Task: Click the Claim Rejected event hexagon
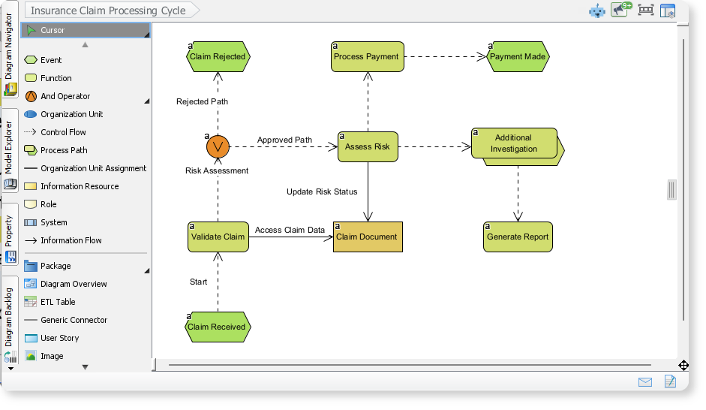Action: tap(218, 56)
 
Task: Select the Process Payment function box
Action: tap(367, 56)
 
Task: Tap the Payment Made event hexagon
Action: tap(518, 56)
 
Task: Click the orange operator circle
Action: tap(218, 146)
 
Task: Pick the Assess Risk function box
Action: tap(367, 146)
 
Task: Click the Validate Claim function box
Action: tap(218, 237)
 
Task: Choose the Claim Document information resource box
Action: tap(368, 237)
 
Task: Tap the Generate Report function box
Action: tap(518, 237)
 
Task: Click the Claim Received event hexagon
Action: tap(217, 327)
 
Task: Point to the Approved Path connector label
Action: tap(284, 140)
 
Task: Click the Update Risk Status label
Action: tap(322, 191)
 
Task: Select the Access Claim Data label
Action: tap(290, 230)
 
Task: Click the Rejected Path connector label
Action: tap(202, 101)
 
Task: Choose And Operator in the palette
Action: tap(65, 96)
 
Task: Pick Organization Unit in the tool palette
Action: tap(71, 114)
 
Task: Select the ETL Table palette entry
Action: tap(58, 302)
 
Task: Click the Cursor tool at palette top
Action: tap(53, 30)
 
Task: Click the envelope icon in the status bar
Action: tap(645, 381)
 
